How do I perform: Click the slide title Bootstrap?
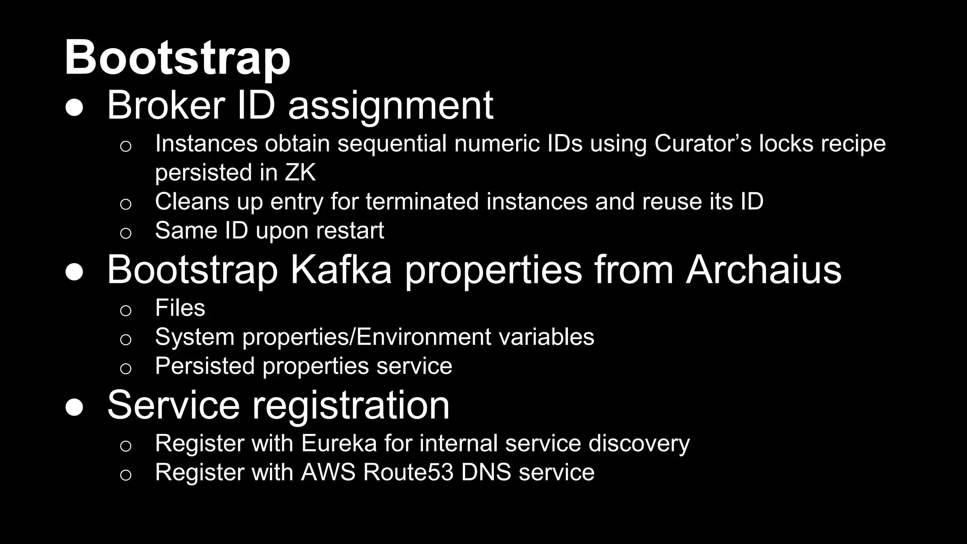(177, 58)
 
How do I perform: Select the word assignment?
(390, 106)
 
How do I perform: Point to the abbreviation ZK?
(300, 172)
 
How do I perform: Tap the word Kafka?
(340, 270)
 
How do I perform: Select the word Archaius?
(763, 270)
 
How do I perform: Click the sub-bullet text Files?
(180, 308)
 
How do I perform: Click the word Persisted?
(205, 366)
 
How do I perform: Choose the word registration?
(350, 405)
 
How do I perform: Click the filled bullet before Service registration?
(74, 407)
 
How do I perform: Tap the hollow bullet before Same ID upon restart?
(125, 233)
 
